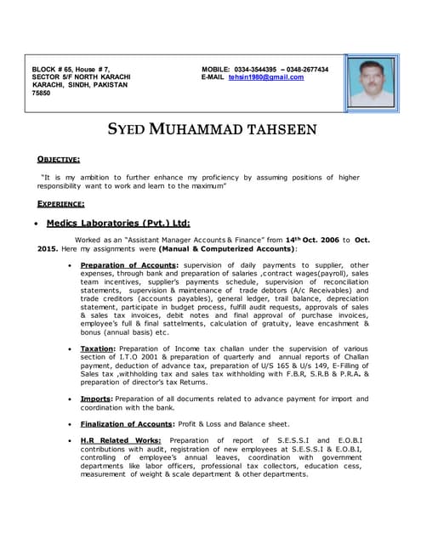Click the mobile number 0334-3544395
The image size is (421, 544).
258,69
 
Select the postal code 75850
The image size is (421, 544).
42,94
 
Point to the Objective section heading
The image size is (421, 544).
59,159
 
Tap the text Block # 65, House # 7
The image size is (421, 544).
71,69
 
